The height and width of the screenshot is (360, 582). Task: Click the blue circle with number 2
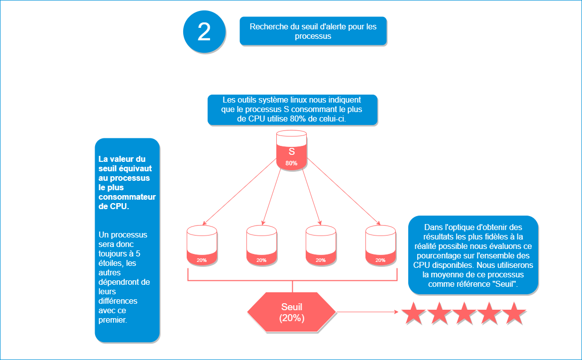pyautogui.click(x=204, y=31)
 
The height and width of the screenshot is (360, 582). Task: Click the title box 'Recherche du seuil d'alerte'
pyautogui.click(x=313, y=31)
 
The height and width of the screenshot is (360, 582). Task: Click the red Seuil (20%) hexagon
pyautogui.click(x=292, y=312)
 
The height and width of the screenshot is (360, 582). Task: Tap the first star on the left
pyautogui.click(x=414, y=313)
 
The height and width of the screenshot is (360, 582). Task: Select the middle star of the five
pyautogui.click(x=464, y=313)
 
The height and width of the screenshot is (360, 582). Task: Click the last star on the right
pyautogui.click(x=514, y=313)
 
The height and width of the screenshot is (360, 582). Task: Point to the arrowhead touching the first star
pyautogui.click(x=398, y=312)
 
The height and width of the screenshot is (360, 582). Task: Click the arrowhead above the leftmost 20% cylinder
pyautogui.click(x=204, y=224)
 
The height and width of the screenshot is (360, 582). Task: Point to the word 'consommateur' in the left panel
pyautogui.click(x=127, y=197)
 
